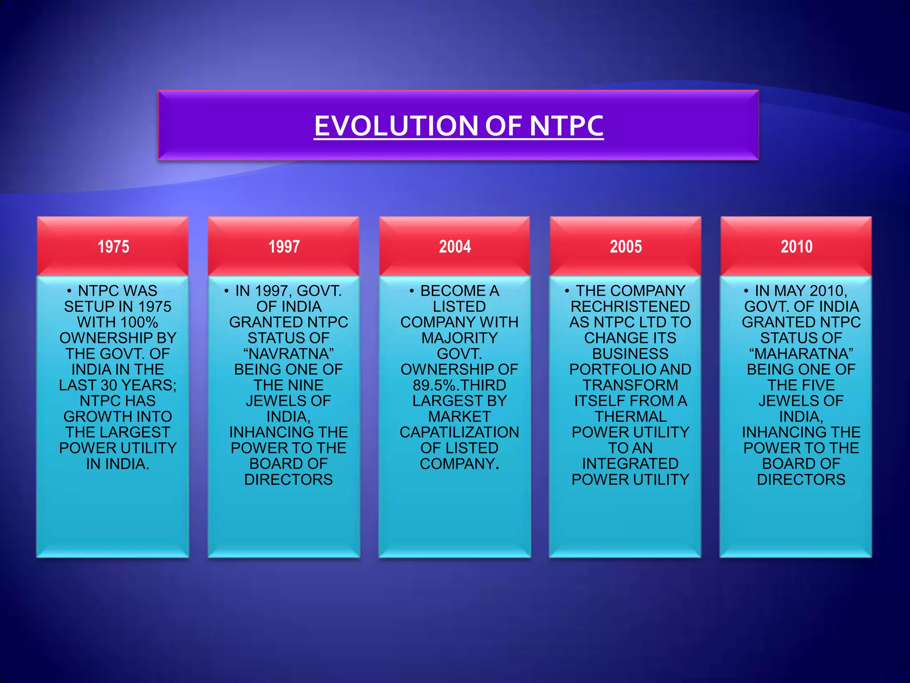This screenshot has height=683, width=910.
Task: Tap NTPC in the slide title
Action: pos(566,126)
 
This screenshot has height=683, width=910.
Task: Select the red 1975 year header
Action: pos(113,246)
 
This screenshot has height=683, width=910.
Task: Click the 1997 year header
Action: pos(284,246)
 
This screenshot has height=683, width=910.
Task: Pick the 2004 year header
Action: pos(455,246)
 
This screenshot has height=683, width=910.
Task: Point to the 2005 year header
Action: pos(626,246)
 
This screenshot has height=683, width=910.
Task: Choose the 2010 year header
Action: pos(796,246)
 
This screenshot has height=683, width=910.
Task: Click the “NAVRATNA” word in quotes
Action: pos(288,354)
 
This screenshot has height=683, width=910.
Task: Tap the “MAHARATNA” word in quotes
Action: pos(801,354)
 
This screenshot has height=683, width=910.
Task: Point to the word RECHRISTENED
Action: pos(630,307)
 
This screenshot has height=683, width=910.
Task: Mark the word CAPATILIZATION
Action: pos(459,432)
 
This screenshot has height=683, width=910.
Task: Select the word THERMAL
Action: pos(630,417)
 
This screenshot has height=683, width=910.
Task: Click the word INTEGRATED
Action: pos(630,464)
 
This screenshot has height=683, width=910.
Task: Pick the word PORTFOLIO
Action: pos(606,370)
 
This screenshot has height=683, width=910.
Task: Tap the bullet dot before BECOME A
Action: pos(412,292)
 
